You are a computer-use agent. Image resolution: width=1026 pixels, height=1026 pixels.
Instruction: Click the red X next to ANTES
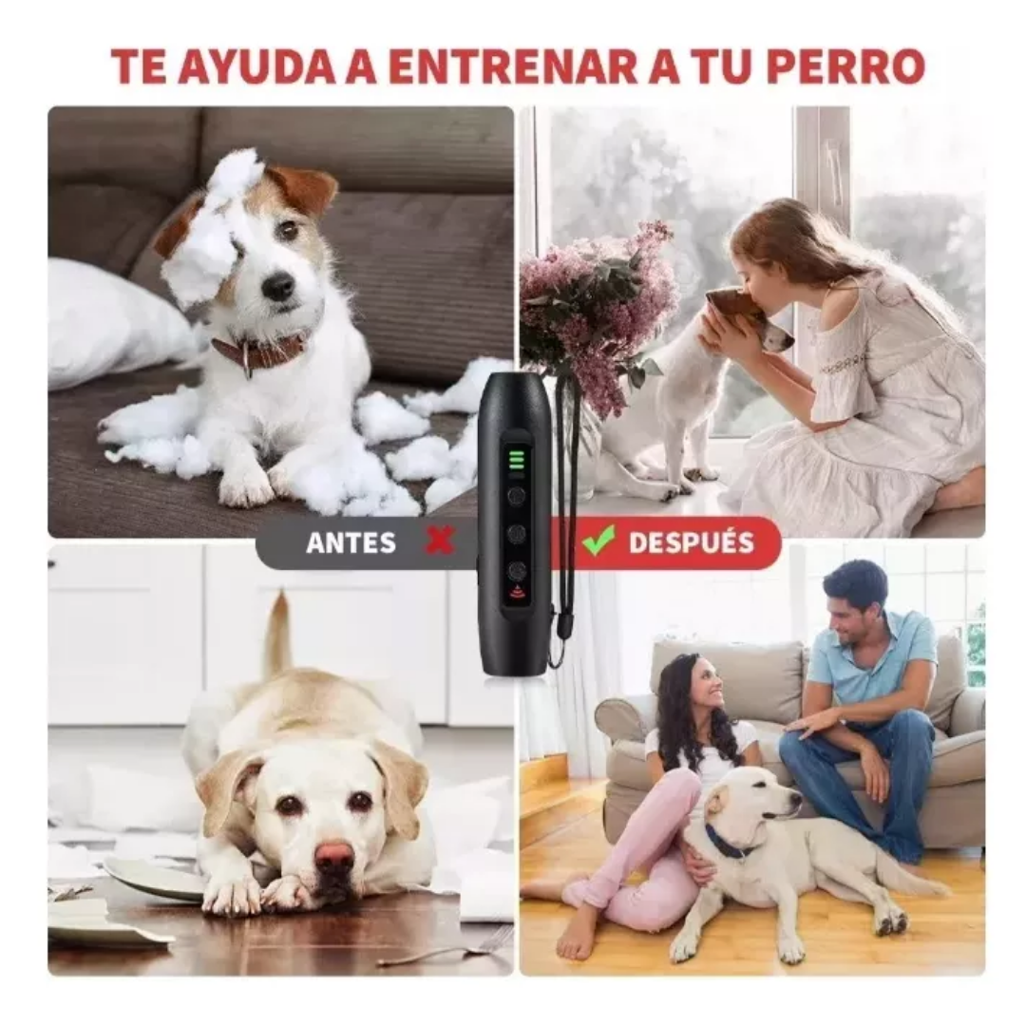pyautogui.click(x=440, y=541)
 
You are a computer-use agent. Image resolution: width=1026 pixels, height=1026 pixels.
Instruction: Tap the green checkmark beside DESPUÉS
pyautogui.click(x=598, y=541)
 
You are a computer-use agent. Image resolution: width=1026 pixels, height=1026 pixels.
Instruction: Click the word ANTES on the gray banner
pyautogui.click(x=351, y=542)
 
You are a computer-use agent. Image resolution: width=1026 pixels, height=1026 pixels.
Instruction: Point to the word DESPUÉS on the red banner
pyautogui.click(x=692, y=542)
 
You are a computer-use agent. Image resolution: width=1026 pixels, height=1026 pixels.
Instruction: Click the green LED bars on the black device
pyautogui.click(x=516, y=459)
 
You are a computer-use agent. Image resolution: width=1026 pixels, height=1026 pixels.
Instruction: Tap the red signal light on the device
pyautogui.click(x=517, y=596)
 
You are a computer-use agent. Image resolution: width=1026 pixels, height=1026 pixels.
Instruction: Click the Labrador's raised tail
pyautogui.click(x=278, y=632)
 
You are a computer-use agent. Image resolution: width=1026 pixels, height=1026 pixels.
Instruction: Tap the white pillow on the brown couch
pyautogui.click(x=114, y=325)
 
